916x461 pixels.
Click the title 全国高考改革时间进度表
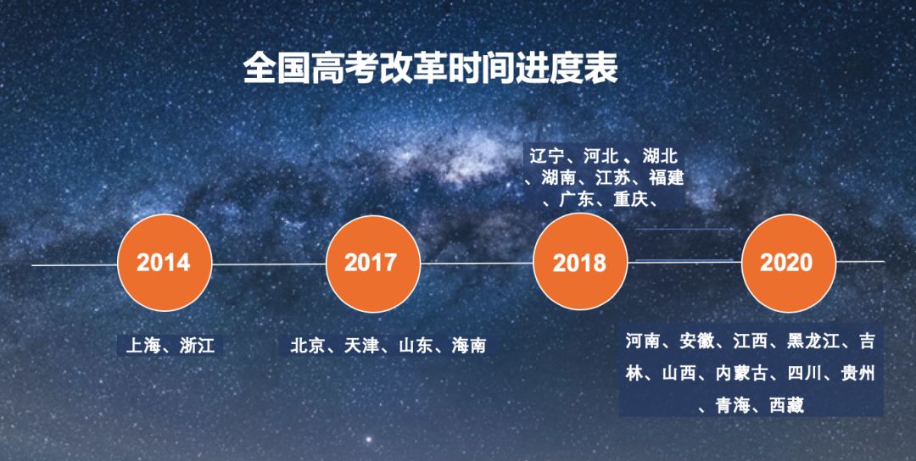coord(431,69)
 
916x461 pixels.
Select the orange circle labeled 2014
coord(165,263)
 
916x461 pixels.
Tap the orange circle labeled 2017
coord(372,264)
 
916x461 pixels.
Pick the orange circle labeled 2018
coord(581,262)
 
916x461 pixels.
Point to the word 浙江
coord(197,346)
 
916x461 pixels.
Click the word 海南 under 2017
coord(469,346)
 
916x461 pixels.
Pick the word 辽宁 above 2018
coord(547,157)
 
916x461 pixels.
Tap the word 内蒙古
coord(742,374)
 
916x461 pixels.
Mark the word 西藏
coord(787,405)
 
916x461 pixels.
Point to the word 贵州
coord(857,374)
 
